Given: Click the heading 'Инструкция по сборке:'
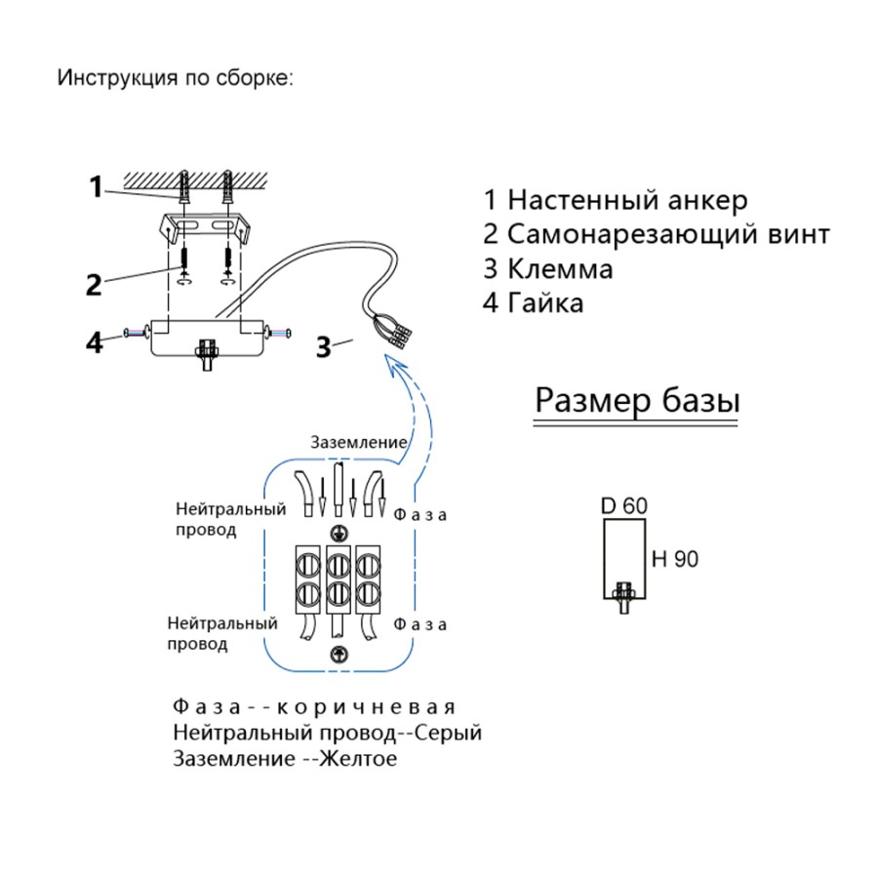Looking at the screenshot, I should (175, 78).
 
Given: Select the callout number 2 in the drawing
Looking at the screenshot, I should (93, 284).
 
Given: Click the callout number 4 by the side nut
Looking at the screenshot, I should (94, 342).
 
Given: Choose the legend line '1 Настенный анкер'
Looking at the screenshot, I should (616, 201).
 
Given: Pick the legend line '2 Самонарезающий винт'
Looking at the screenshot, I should (657, 235).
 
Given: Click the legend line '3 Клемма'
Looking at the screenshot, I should (548, 268).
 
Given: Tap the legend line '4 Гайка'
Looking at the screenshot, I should (534, 302).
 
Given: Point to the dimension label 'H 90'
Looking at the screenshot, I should (675, 559).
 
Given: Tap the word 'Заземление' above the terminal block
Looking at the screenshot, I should (358, 442).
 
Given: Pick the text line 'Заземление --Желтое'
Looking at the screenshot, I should (285, 758).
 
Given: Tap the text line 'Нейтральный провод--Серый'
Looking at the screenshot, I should (327, 732).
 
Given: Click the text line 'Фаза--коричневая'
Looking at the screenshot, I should (314, 705).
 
